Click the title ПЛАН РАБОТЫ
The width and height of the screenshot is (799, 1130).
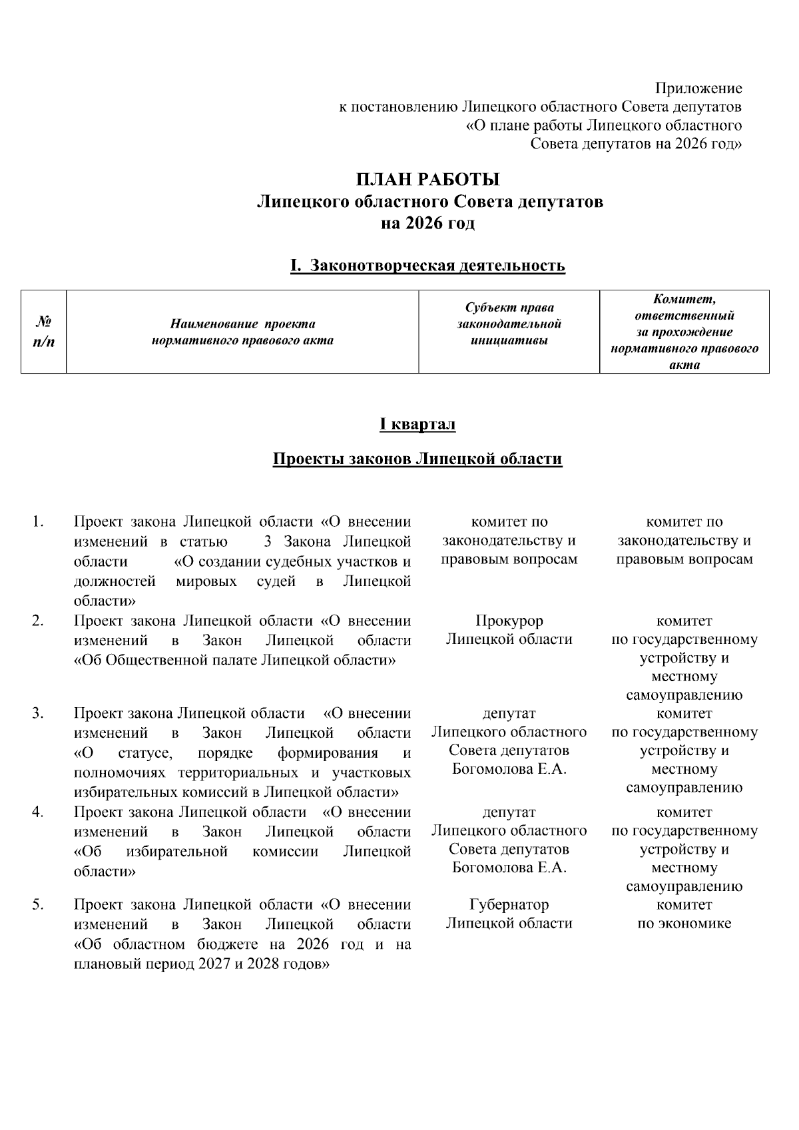(x=428, y=180)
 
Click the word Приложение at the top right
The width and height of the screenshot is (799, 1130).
(x=698, y=88)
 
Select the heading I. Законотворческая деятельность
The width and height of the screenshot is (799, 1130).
(x=428, y=266)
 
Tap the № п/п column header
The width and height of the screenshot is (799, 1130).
(x=44, y=331)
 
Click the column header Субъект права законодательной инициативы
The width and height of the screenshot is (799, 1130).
(x=509, y=324)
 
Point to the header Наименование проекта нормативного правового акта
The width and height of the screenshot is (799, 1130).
(x=242, y=332)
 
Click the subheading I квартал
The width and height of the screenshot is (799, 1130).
(x=417, y=424)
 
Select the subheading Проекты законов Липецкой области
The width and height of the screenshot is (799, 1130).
(x=417, y=459)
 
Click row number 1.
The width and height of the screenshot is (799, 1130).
(x=38, y=521)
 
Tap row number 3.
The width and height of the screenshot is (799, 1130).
(x=38, y=713)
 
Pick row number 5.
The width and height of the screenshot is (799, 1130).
(x=38, y=904)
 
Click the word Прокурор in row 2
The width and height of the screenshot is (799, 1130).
(x=509, y=621)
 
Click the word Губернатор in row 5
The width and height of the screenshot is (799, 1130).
(x=509, y=904)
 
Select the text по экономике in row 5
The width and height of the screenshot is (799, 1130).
(x=684, y=923)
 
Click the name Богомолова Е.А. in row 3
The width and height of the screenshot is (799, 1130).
(x=509, y=769)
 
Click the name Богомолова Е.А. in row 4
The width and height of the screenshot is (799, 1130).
(x=509, y=868)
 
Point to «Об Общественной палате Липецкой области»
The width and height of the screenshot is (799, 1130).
(x=235, y=660)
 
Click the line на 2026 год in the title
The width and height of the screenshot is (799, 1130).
(x=428, y=223)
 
